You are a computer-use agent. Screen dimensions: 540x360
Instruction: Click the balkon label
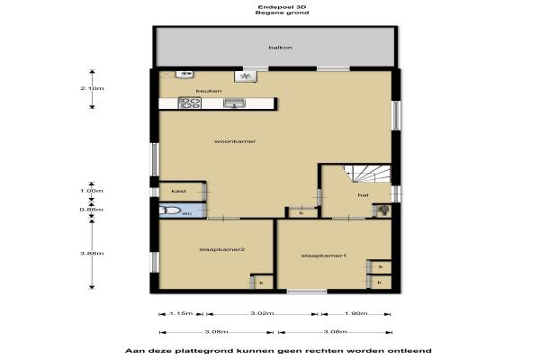click(x=280, y=48)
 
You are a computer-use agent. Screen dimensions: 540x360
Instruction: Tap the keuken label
click(x=209, y=91)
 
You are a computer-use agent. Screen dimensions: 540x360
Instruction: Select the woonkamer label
click(x=235, y=141)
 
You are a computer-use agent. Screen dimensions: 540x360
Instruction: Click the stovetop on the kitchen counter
click(x=189, y=103)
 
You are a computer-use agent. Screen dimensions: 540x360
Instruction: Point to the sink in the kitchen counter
click(x=234, y=103)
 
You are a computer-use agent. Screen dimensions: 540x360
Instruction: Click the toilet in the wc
click(x=169, y=210)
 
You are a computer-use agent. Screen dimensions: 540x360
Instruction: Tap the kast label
click(x=179, y=191)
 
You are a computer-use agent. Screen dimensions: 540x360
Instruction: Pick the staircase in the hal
click(x=367, y=174)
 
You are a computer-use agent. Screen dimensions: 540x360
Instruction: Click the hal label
click(x=363, y=195)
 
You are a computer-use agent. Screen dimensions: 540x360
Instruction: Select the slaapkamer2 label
click(x=221, y=249)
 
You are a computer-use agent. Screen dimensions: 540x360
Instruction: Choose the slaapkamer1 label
click(x=323, y=256)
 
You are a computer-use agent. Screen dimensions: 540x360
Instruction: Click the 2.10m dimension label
click(x=92, y=88)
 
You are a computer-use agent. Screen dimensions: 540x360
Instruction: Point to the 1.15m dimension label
click(x=181, y=313)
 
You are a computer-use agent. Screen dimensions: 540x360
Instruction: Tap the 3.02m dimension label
click(x=262, y=313)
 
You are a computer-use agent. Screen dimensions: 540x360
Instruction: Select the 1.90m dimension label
click(x=356, y=313)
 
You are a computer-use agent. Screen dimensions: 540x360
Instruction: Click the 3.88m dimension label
click(x=92, y=254)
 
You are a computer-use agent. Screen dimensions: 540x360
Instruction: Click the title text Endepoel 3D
click(x=282, y=7)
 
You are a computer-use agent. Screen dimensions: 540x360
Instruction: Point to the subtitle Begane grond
click(x=282, y=13)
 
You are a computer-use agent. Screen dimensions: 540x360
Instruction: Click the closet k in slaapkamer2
click(x=262, y=283)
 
